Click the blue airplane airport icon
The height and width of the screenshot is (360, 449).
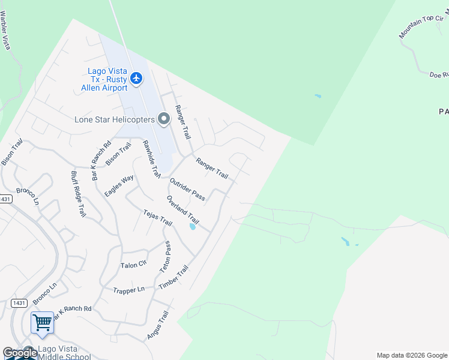click(x=136, y=78)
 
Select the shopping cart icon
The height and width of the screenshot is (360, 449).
click(x=42, y=323)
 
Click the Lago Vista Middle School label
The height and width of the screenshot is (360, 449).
click(x=65, y=353)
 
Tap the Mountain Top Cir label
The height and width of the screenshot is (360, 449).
click(x=421, y=27)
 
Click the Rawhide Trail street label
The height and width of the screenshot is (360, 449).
click(x=151, y=159)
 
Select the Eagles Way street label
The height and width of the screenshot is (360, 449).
click(x=119, y=186)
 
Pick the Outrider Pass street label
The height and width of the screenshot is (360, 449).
click(x=187, y=189)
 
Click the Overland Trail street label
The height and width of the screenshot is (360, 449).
click(x=182, y=209)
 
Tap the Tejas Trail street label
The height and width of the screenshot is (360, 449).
click(x=158, y=218)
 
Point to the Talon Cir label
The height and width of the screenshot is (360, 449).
click(x=133, y=265)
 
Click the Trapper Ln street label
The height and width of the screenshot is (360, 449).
click(x=128, y=290)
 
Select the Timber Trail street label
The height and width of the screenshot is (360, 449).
click(x=173, y=278)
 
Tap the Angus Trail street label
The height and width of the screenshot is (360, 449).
click(x=158, y=326)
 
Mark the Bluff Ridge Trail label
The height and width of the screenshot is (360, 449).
click(x=79, y=194)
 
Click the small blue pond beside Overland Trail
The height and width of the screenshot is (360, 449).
click(x=192, y=227)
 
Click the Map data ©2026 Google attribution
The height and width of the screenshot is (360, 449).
click(x=412, y=355)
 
